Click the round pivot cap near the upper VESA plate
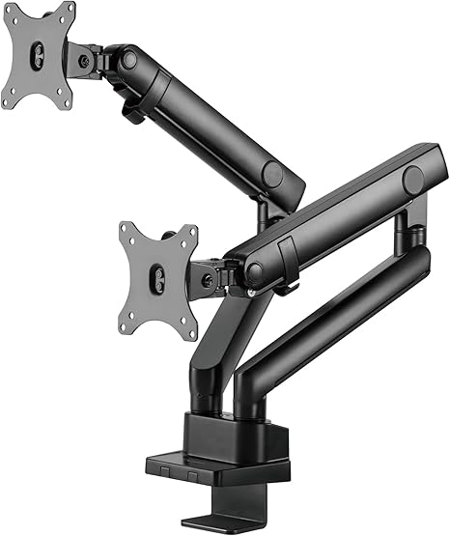point(128,59)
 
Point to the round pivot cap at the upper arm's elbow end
point(273,175)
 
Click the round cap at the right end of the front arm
point(413,179)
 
